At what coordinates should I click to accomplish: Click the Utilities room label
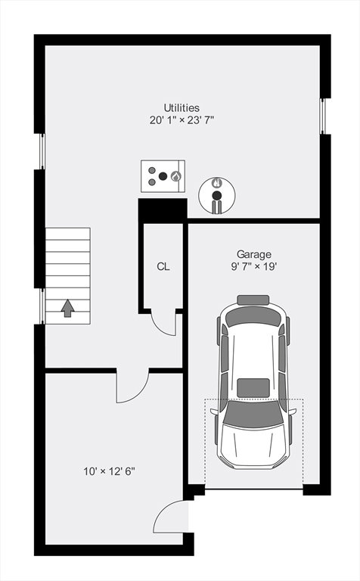coord(182,108)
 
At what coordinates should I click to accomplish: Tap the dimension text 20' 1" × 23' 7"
coord(182,120)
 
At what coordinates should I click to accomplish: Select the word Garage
coord(253,254)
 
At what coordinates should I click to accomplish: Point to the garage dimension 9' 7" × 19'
coord(254,266)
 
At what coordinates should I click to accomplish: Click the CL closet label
coord(163,266)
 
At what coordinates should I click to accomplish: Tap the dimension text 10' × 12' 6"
coord(109,471)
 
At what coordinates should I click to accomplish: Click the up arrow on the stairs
coord(67,309)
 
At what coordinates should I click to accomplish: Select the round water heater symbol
coord(216,195)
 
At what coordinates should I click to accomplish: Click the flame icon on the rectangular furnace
coord(176,176)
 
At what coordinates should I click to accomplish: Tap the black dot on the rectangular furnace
coord(163,176)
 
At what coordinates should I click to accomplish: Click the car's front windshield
coord(253,414)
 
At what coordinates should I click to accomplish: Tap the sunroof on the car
coord(253,388)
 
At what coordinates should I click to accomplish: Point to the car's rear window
coord(253,317)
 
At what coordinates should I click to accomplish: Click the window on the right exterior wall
coord(323,116)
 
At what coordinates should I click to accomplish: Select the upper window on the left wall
coord(42,151)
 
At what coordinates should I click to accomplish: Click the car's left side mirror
coord(214,412)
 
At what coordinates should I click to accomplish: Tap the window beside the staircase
coord(42,306)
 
